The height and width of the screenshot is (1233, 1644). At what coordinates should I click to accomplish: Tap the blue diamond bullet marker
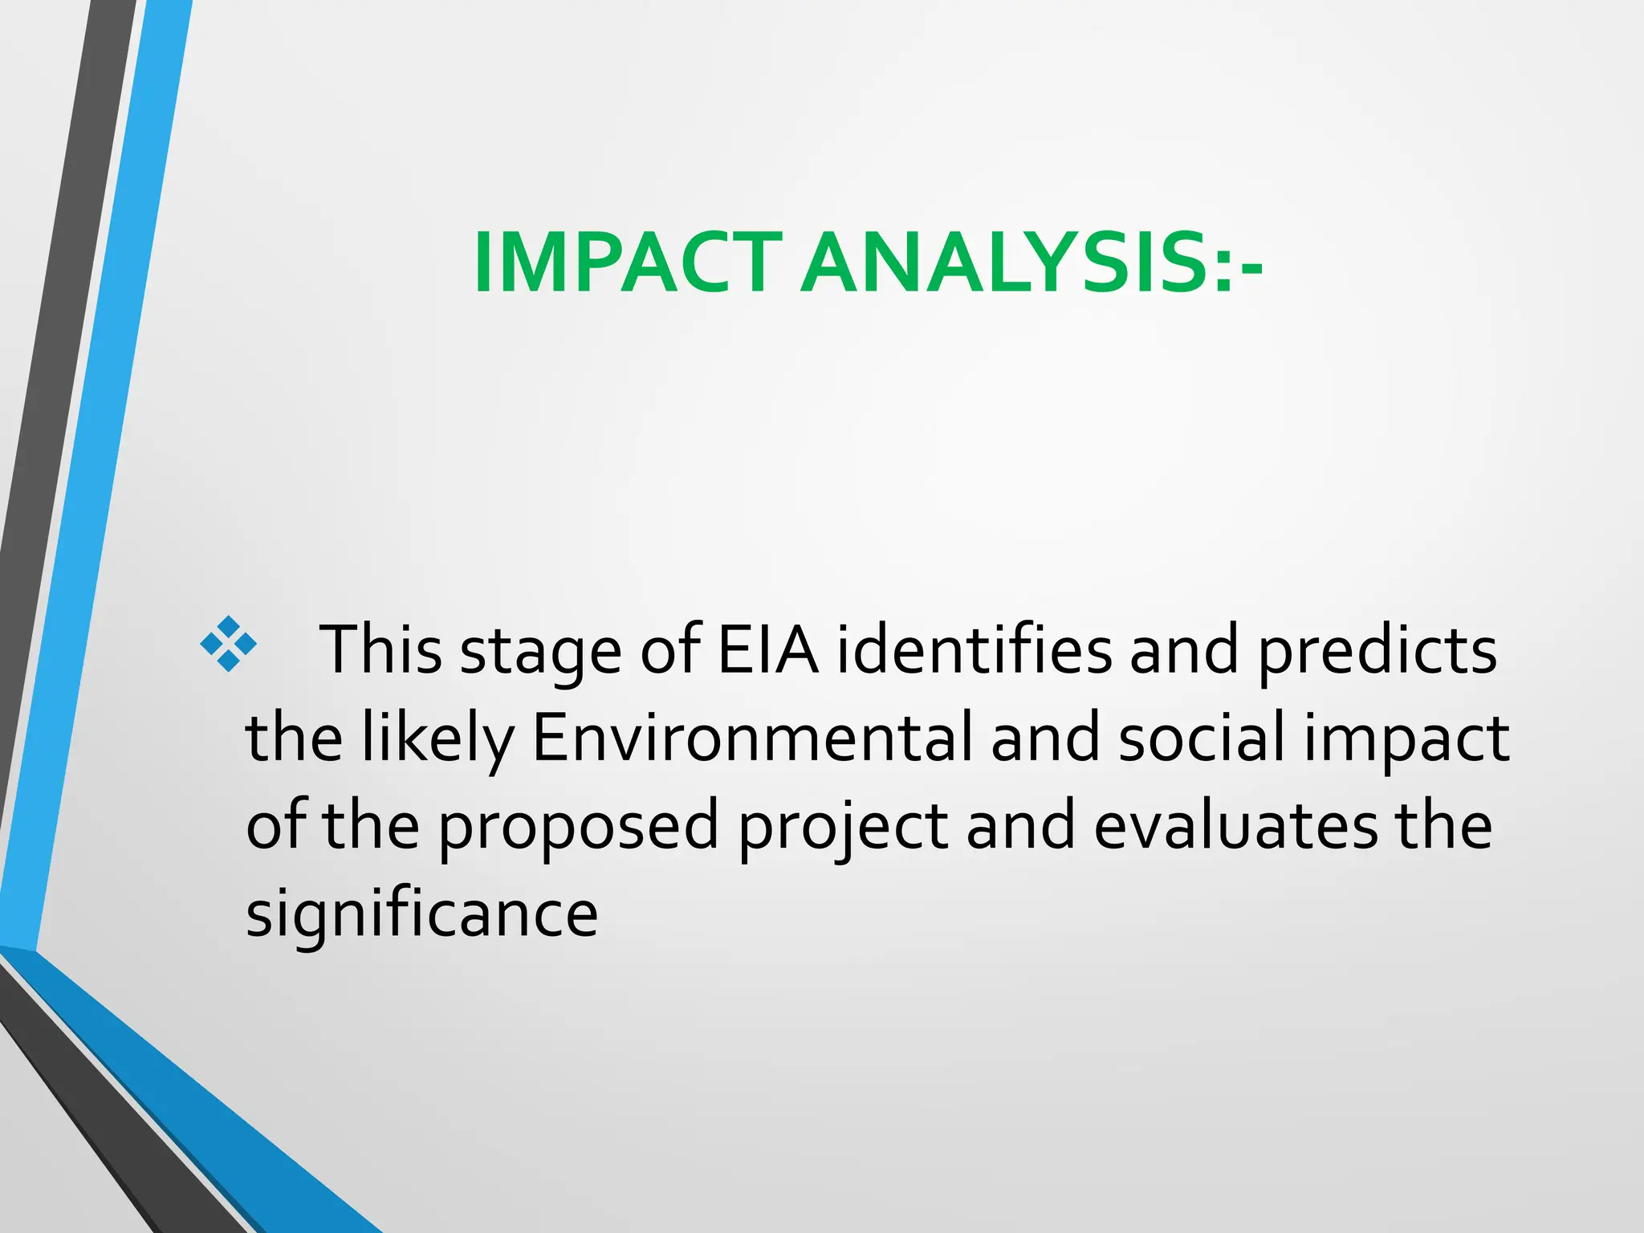[229, 644]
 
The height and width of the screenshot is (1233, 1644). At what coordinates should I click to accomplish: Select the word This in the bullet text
[380, 649]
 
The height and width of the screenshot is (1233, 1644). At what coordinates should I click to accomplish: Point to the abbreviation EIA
[767, 649]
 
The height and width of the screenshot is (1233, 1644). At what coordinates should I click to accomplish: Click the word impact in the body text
[1406, 740]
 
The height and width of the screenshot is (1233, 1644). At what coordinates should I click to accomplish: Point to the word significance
[422, 915]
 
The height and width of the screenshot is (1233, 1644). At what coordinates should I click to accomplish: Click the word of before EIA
[671, 649]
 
